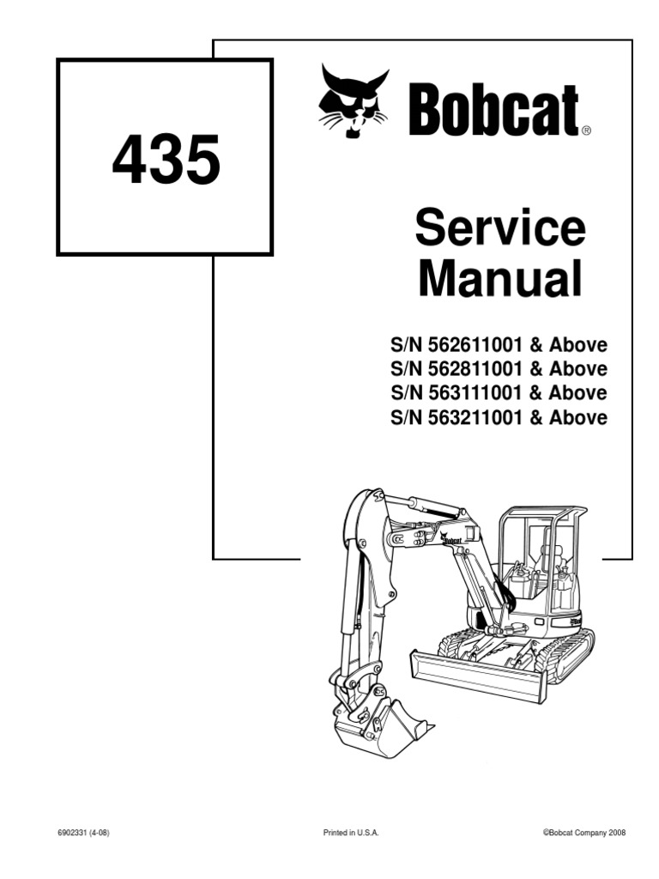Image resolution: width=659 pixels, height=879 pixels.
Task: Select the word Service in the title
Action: (499, 229)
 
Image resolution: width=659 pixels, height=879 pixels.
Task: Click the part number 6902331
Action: (74, 833)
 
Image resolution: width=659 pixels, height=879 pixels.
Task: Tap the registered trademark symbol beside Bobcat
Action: (586, 131)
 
